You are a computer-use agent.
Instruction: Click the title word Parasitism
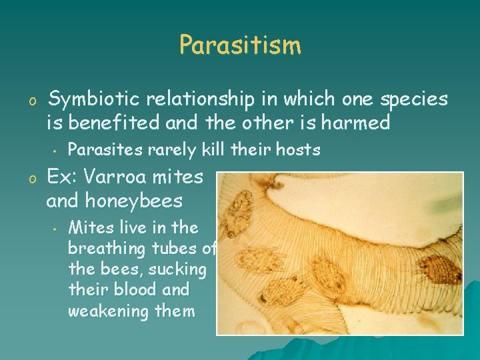(240, 45)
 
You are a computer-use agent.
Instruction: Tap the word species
(413, 99)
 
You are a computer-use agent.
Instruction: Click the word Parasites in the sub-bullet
(104, 150)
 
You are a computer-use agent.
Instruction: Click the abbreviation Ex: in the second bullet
(63, 177)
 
